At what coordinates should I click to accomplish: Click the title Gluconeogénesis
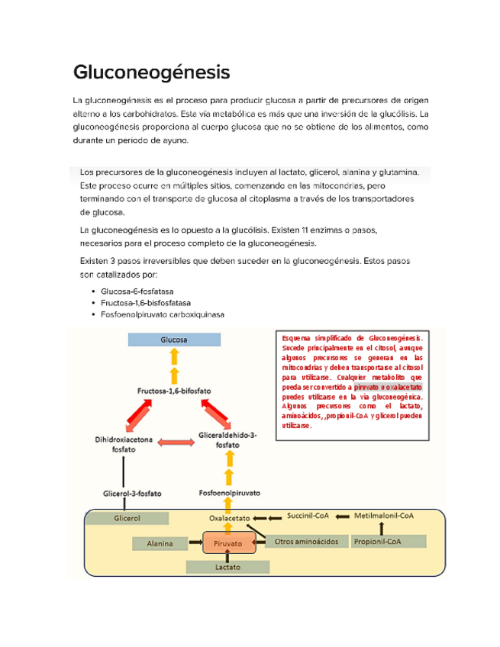tap(150, 73)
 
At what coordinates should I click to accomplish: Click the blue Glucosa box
tap(174, 340)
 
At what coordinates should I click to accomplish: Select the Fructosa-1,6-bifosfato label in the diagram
tap(174, 391)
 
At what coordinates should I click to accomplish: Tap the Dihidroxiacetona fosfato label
tap(124, 445)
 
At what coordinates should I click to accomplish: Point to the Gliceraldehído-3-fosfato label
tap(226, 440)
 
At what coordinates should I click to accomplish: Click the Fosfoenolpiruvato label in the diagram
tap(229, 493)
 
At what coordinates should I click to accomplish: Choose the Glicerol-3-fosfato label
tap(132, 494)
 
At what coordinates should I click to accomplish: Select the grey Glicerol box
tap(126, 518)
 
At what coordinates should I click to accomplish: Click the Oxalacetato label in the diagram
tap(230, 518)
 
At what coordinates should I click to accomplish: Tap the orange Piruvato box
tap(227, 544)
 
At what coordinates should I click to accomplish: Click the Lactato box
tap(227, 568)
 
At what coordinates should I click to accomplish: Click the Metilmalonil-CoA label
tap(384, 517)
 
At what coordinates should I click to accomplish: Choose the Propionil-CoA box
tap(387, 541)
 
